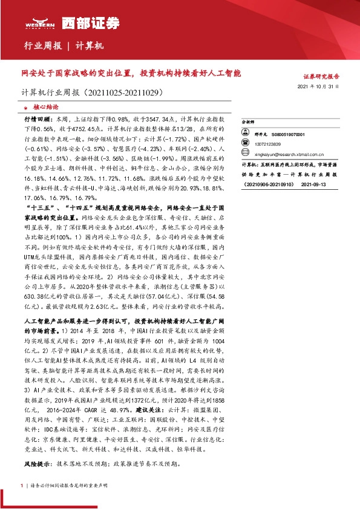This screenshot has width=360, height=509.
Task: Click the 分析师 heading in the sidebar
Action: (x=246, y=121)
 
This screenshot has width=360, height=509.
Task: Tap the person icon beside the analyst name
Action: (x=246, y=134)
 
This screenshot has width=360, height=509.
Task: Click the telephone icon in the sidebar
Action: (x=246, y=144)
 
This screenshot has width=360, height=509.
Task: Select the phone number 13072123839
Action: (x=267, y=144)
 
